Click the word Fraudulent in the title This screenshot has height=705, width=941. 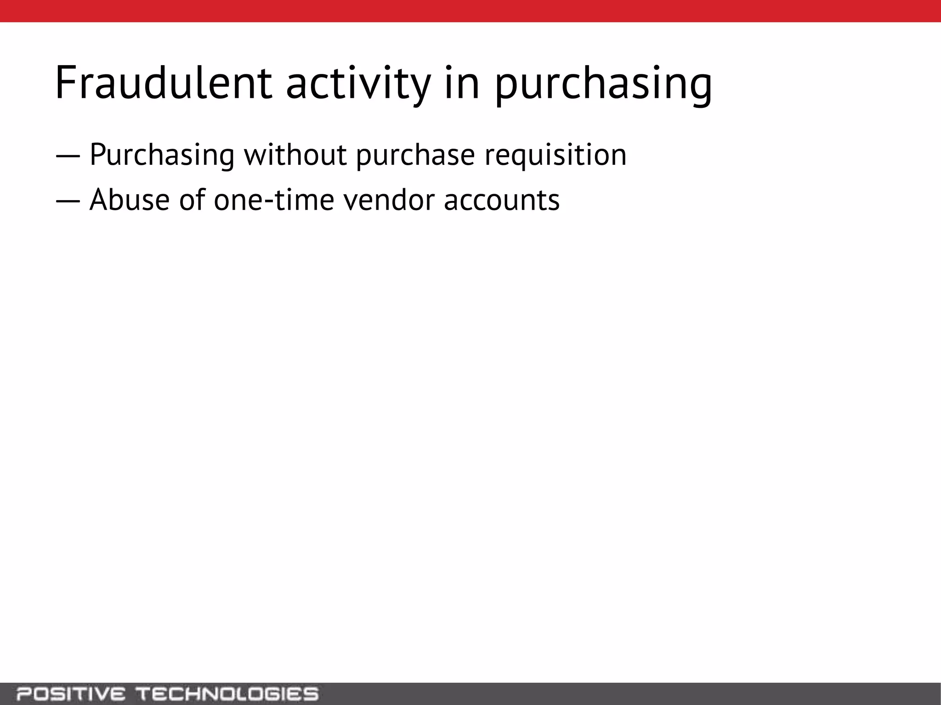point(163,83)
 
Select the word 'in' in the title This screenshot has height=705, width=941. point(461,83)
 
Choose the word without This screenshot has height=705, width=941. point(295,155)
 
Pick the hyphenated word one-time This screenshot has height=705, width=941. point(274,200)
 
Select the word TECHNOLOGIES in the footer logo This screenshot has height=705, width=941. point(228,693)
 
